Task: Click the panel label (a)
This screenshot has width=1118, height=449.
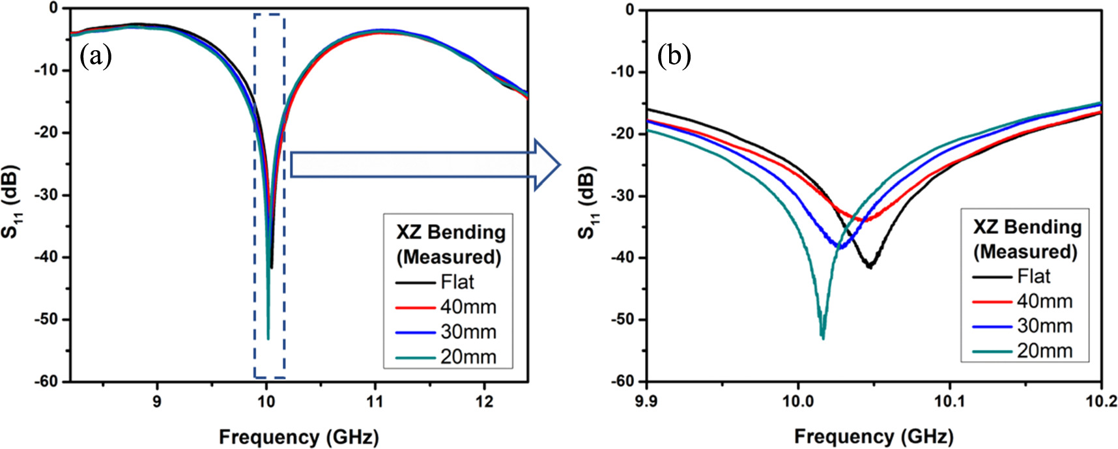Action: click(x=96, y=57)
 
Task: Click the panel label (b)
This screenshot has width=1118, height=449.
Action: click(x=674, y=57)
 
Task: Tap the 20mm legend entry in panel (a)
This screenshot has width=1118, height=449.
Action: click(x=468, y=357)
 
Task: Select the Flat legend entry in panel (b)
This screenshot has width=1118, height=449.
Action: click(x=1034, y=276)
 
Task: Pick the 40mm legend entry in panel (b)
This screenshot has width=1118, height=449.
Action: click(x=1044, y=301)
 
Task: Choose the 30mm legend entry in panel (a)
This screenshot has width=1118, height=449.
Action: click(x=468, y=332)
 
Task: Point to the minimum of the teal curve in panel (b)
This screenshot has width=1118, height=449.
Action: click(x=823, y=338)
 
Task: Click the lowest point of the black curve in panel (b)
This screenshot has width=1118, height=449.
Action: click(x=869, y=267)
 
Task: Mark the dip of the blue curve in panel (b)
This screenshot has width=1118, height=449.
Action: click(x=840, y=248)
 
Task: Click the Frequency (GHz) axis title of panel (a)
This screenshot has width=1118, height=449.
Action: click(x=298, y=436)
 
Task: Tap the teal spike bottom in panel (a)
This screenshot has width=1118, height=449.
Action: click(x=268, y=339)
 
